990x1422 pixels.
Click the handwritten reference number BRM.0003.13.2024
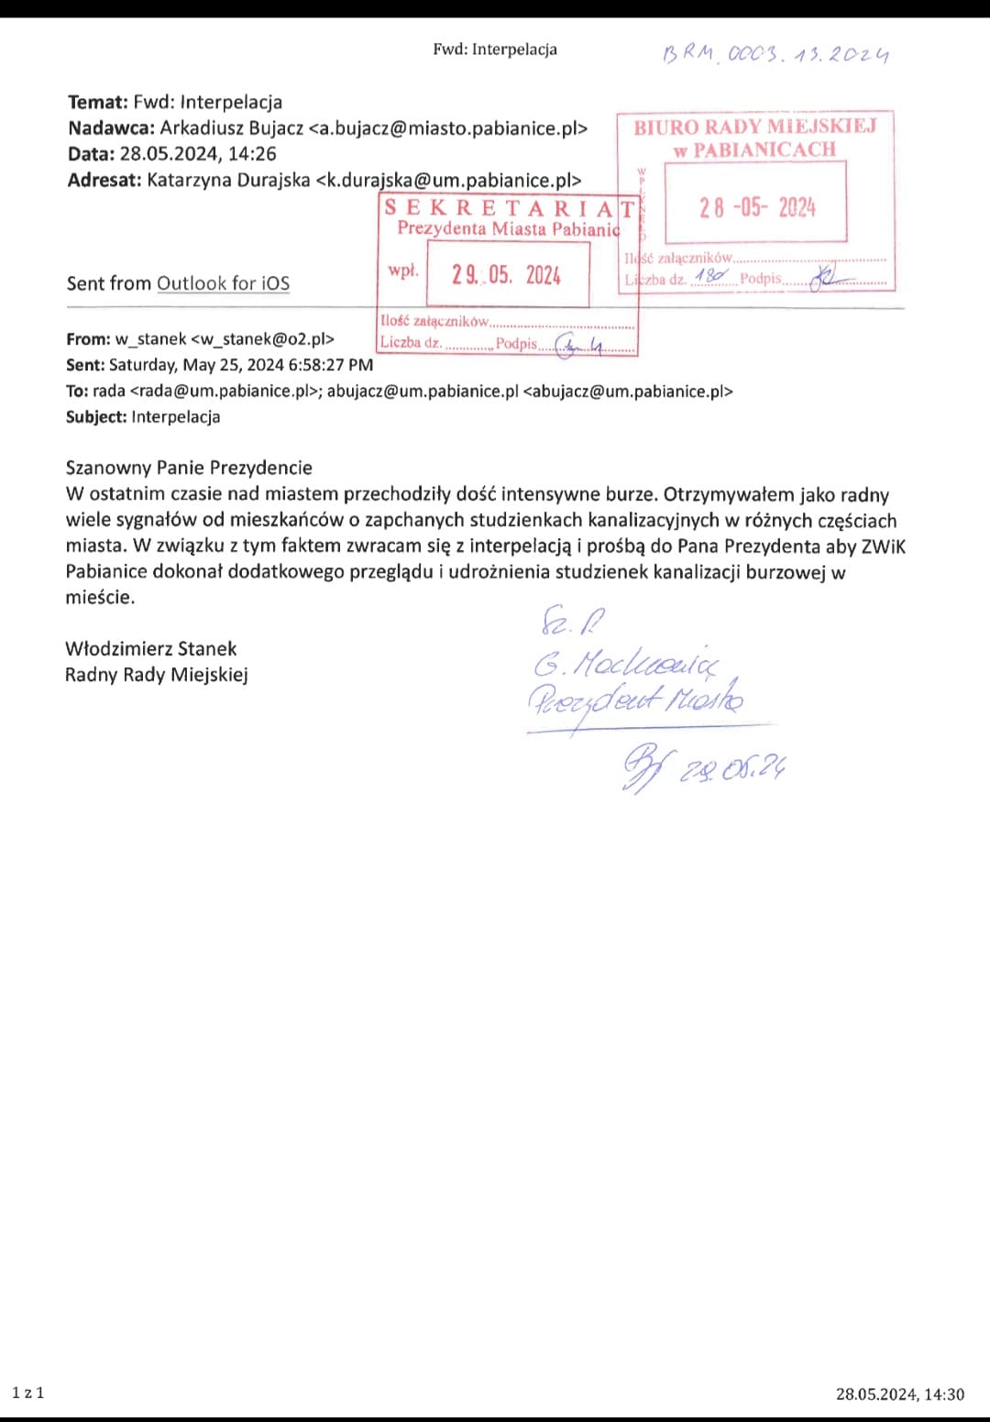coord(775,54)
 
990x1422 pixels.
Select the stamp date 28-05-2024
coord(756,207)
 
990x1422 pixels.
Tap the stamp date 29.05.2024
coord(506,275)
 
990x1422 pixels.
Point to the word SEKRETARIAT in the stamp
coord(509,207)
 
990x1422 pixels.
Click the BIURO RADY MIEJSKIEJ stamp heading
coord(754,127)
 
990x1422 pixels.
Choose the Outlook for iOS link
coord(223,283)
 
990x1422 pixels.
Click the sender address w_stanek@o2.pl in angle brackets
coord(262,339)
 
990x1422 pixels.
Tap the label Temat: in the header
coord(98,103)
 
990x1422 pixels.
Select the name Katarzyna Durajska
coord(228,180)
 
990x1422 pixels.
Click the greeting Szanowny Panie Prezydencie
coord(189,468)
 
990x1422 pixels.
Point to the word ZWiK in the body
coord(883,546)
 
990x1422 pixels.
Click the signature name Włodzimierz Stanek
coord(151,649)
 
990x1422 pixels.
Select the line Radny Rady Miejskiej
coord(157,675)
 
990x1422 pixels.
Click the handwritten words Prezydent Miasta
coord(635,701)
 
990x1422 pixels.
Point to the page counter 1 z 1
coord(27,1393)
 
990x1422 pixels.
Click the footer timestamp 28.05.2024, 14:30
coord(899,1394)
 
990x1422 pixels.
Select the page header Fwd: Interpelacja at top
coord(495,50)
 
